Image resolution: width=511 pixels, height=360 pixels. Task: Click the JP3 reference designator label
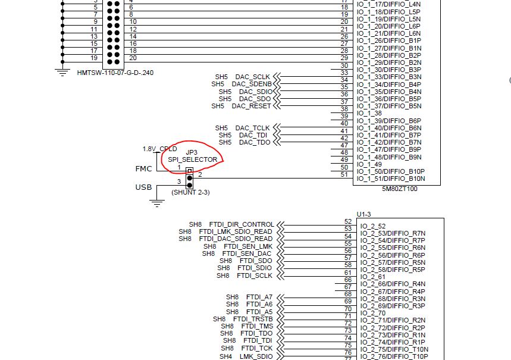[192, 152]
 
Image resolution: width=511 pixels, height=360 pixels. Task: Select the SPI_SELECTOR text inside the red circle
[193, 159]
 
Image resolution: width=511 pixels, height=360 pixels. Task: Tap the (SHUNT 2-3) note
[190, 192]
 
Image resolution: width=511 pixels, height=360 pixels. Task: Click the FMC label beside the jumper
[144, 169]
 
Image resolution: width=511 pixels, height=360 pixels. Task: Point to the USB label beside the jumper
[143, 187]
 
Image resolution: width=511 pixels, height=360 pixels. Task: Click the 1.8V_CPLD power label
[159, 149]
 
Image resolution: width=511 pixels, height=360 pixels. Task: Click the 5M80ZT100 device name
[399, 189]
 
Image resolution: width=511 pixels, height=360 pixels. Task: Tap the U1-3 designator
[364, 214]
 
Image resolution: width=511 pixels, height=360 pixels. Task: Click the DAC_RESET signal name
[251, 106]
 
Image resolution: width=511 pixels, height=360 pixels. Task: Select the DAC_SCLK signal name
[252, 77]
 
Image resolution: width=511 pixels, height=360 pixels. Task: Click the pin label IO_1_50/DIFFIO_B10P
[391, 171]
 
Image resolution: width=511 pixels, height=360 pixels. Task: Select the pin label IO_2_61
[373, 277]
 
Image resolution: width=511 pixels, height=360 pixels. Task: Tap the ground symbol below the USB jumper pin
[156, 204]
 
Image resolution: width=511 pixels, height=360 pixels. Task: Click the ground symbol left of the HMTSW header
[61, 72]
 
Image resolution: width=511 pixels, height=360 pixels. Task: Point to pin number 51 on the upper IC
[344, 174]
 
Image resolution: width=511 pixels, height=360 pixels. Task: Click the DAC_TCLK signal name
[252, 128]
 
